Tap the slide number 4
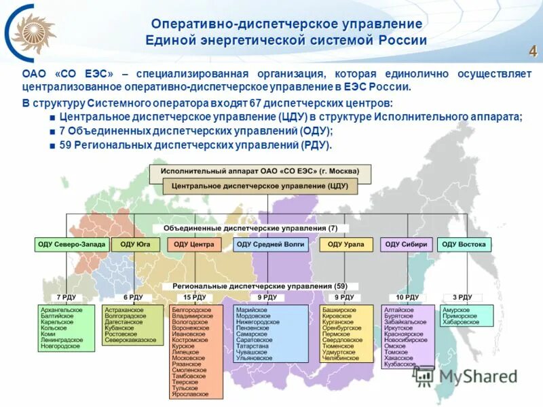[533, 52]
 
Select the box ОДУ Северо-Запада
[71, 244]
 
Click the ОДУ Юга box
[136, 244]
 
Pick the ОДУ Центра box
[193, 244]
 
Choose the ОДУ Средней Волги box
[270, 244]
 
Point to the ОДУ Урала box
[345, 244]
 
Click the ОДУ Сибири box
[406, 244]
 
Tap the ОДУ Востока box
[464, 244]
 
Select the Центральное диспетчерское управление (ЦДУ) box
[260, 185]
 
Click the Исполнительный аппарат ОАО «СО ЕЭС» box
[260, 171]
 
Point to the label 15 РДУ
[194, 297]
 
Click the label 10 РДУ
[408, 297]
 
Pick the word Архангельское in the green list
[62, 309]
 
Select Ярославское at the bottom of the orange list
[191, 393]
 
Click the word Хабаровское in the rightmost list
[460, 322]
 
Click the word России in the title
[402, 41]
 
